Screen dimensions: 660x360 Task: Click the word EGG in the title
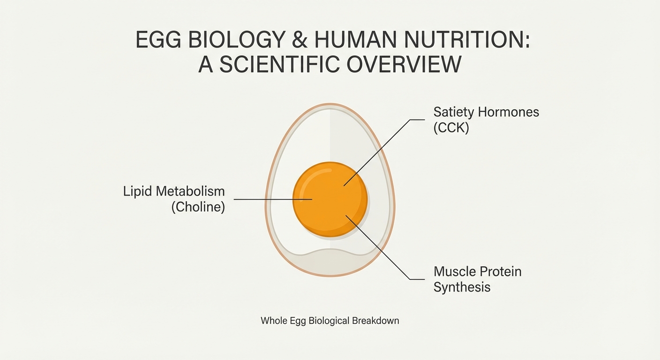point(158,39)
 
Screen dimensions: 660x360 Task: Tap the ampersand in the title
point(300,39)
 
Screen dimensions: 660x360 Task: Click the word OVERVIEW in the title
point(404,64)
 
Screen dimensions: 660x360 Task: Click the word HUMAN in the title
point(355,39)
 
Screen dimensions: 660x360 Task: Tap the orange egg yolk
point(330,199)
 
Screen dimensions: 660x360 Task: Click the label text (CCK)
point(451,128)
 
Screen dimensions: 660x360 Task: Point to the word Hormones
point(508,112)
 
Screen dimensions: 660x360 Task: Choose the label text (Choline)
point(198,207)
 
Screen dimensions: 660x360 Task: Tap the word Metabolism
point(190,191)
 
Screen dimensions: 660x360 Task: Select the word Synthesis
point(462,287)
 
